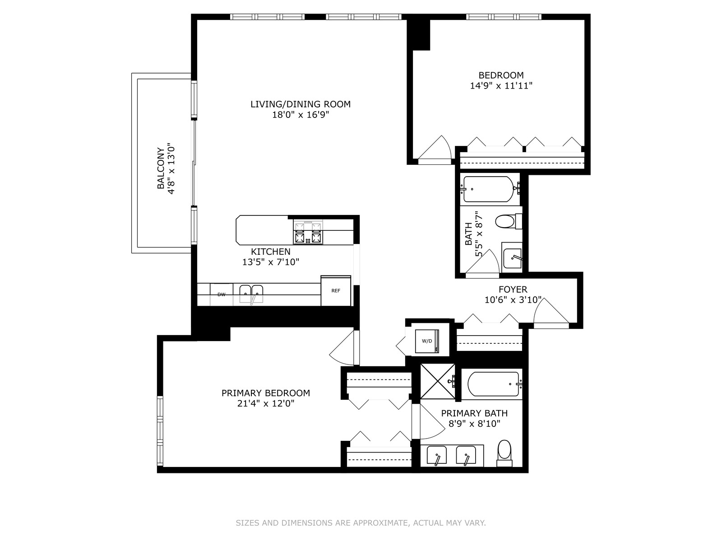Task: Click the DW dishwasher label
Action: click(222, 294)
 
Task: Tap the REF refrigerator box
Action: click(336, 290)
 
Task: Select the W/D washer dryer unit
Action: click(427, 341)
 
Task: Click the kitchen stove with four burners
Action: click(308, 232)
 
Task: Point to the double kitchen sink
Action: click(251, 294)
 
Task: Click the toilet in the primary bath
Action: click(504, 454)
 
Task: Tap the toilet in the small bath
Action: click(509, 221)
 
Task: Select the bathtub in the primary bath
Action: click(493, 384)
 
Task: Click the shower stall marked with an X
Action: click(438, 381)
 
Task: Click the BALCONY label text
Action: click(161, 168)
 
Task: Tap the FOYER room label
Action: click(513, 289)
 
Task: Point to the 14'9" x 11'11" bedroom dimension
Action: click(501, 86)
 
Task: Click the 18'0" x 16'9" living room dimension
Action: click(301, 115)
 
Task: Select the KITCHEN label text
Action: click(271, 252)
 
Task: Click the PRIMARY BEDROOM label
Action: click(266, 393)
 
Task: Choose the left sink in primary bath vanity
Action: click(436, 455)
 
